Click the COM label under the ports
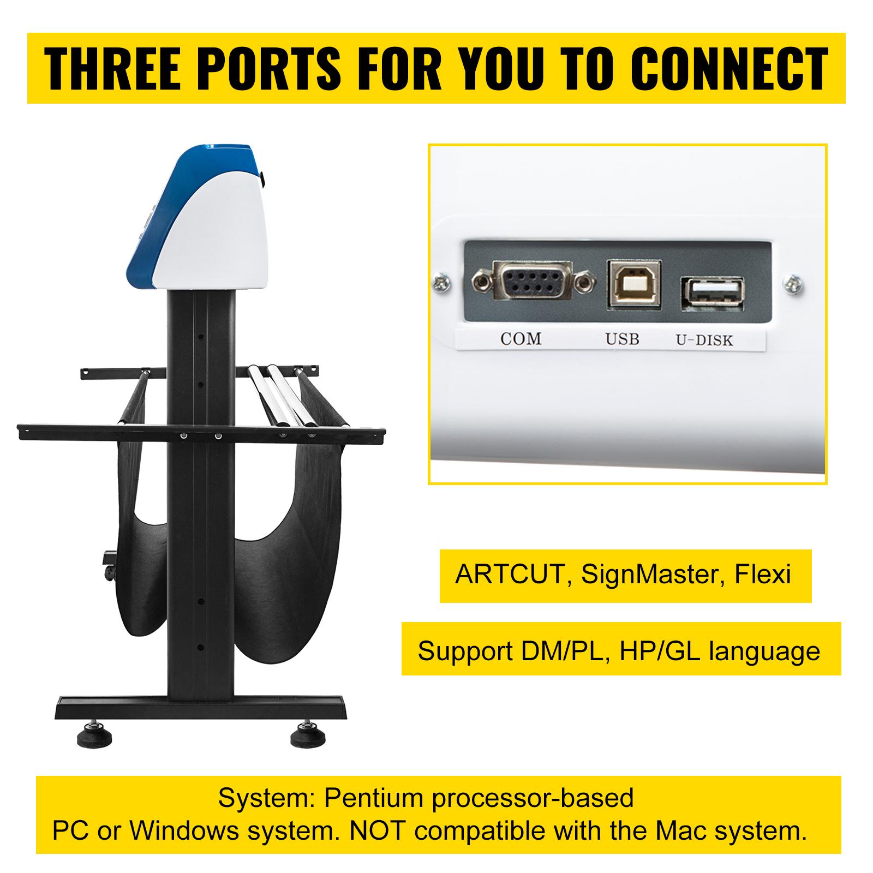click(521, 339)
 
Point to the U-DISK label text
click(704, 340)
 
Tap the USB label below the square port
click(622, 339)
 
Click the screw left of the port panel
click(440, 283)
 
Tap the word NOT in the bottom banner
click(376, 831)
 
